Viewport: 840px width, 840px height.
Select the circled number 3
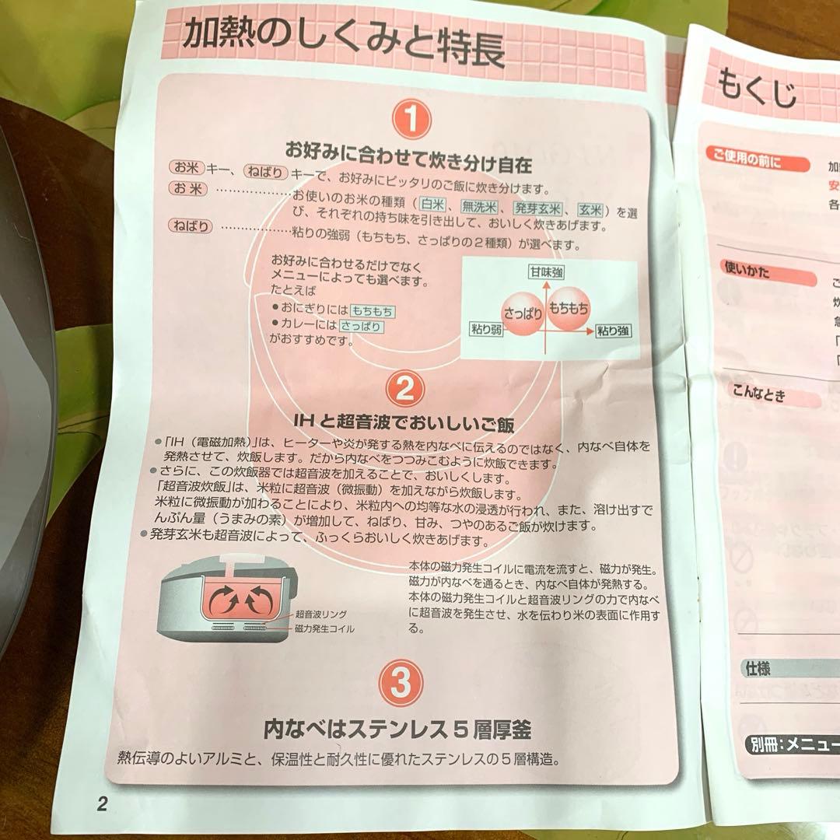click(x=401, y=684)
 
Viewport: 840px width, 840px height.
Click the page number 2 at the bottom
click(x=102, y=803)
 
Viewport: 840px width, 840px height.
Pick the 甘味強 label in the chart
click(x=547, y=272)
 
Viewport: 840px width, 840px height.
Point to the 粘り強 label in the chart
click(x=614, y=331)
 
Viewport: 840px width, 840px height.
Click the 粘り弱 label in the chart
click(x=487, y=329)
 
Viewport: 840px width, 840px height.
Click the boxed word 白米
click(x=432, y=205)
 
